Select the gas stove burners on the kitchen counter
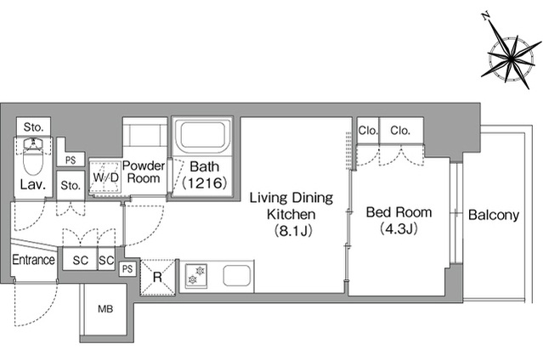tap(196, 275)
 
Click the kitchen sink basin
tap(236, 276)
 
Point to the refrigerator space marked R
tap(158, 277)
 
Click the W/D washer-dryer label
tap(105, 177)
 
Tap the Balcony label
tap(494, 215)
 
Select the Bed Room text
tap(399, 212)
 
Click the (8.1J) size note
tap(293, 231)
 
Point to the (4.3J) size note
tap(399, 228)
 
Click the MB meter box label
tap(105, 308)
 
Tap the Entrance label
tap(34, 260)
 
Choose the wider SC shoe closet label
tap(81, 260)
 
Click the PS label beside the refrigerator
tap(127, 268)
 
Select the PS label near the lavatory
tap(71, 160)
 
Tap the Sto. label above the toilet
tap(34, 127)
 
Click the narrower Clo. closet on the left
tap(368, 131)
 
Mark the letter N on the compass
tap(486, 16)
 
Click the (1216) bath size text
tap(205, 183)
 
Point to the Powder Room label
tap(144, 172)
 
